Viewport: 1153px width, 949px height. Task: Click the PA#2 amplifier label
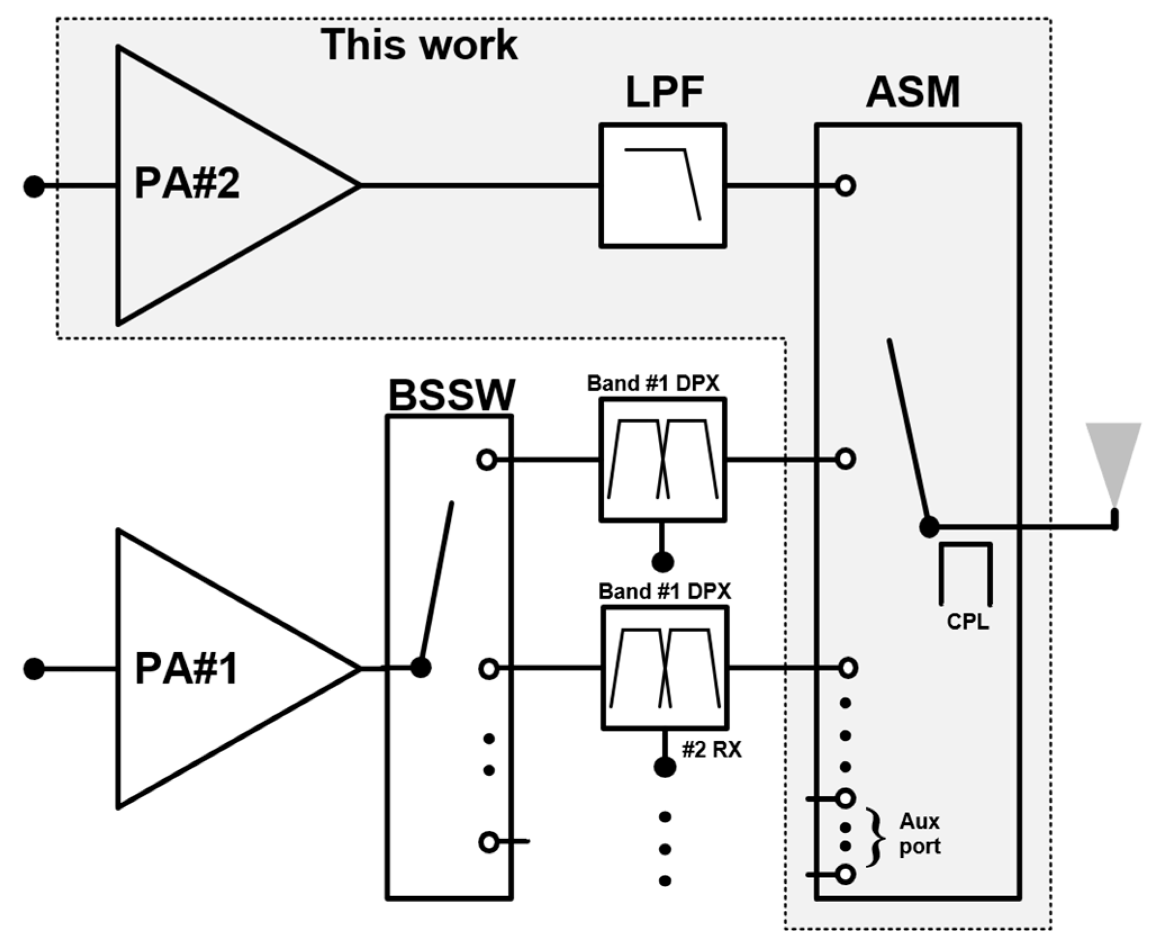point(187,184)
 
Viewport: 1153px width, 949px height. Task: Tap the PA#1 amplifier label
point(187,669)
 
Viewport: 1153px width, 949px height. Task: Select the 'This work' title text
point(419,45)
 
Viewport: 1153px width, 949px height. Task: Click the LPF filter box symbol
point(662,186)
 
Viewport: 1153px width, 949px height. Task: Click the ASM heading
point(913,92)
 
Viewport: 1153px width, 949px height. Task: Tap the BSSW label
point(451,395)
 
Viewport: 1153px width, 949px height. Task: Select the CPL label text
point(967,622)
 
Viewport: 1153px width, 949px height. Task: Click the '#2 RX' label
point(712,750)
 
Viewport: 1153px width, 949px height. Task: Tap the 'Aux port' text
point(920,834)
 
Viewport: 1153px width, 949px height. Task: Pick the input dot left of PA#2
point(34,186)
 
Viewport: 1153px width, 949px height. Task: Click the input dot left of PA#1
point(34,669)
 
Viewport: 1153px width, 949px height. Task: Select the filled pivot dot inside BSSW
point(420,667)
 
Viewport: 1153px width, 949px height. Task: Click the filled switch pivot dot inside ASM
point(929,527)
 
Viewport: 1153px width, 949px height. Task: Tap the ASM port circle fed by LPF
point(845,186)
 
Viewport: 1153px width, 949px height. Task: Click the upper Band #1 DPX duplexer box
point(662,460)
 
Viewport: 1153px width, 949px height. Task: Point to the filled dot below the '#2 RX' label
point(665,767)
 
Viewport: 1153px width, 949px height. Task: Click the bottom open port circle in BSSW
point(489,842)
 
